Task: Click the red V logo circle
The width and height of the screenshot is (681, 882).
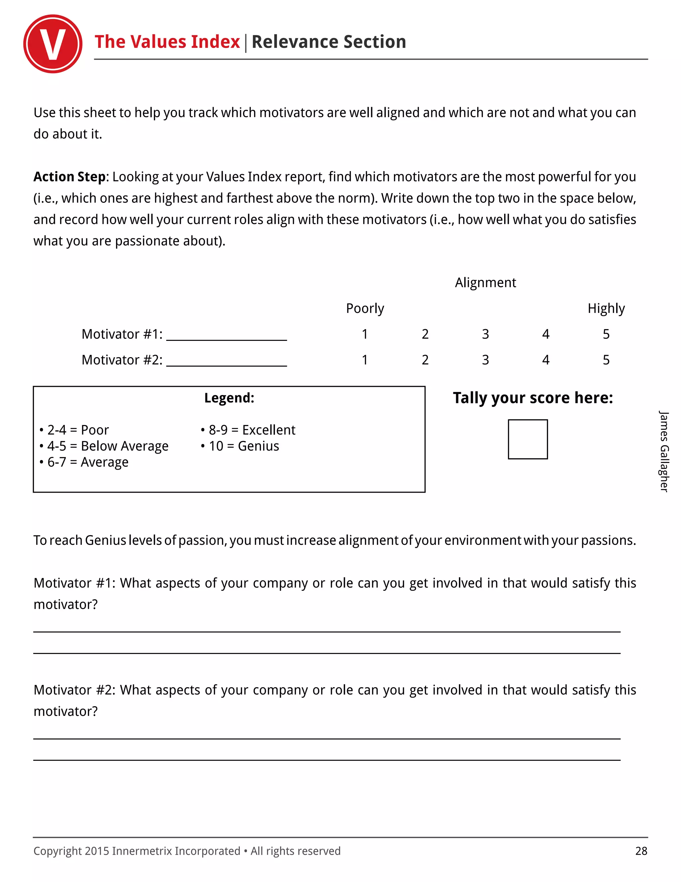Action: [x=53, y=44]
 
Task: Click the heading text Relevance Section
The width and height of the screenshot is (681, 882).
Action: [x=329, y=42]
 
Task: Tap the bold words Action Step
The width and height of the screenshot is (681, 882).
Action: [x=69, y=177]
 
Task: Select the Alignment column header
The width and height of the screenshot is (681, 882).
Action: [x=485, y=283]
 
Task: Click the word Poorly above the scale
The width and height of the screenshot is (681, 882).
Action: [x=365, y=309]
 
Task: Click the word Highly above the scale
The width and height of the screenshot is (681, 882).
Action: [x=606, y=309]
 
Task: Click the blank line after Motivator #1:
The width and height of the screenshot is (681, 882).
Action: [x=226, y=335]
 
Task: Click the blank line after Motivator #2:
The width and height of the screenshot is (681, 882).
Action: [x=226, y=361]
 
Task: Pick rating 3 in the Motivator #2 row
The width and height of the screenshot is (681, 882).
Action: [x=485, y=360]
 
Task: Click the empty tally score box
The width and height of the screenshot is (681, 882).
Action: [x=527, y=439]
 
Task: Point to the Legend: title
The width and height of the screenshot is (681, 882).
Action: [x=229, y=398]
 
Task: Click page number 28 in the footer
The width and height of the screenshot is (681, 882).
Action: [x=641, y=851]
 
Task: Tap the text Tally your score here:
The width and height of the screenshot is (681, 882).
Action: [x=533, y=398]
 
